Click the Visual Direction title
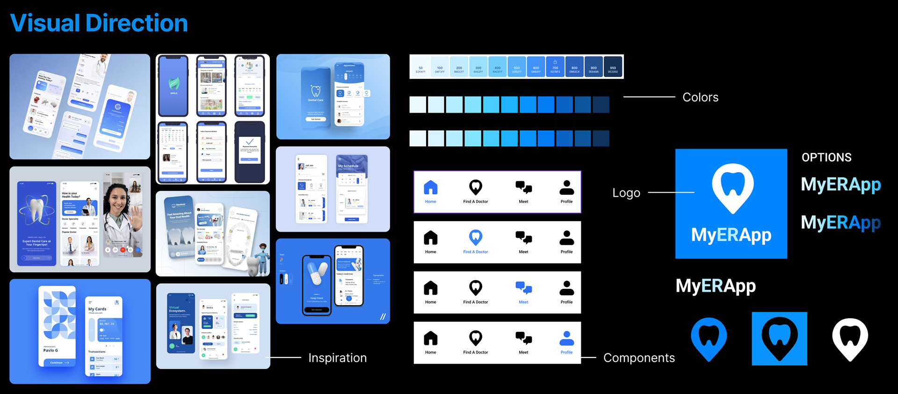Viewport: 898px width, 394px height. coord(99,23)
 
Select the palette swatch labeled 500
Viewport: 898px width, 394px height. coord(516,67)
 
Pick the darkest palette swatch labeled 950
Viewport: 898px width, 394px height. coord(613,67)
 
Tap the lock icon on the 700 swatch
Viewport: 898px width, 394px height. coord(555,62)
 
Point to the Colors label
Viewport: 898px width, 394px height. coord(700,97)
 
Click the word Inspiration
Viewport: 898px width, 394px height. coord(337,358)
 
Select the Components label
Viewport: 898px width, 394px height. coord(639,358)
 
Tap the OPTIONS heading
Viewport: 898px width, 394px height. coord(826,158)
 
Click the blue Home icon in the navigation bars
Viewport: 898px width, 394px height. coord(430,187)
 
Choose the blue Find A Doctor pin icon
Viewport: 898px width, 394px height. coord(476,237)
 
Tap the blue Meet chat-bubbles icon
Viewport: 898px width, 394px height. coord(523,287)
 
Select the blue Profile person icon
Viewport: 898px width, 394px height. coord(566,338)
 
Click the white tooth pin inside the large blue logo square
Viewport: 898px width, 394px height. coord(732,187)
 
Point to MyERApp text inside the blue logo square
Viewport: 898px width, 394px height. coord(731,235)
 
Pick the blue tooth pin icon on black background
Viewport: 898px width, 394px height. coord(709,338)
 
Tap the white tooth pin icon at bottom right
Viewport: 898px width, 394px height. coord(850,338)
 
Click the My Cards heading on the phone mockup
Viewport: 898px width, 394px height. coord(97,309)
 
